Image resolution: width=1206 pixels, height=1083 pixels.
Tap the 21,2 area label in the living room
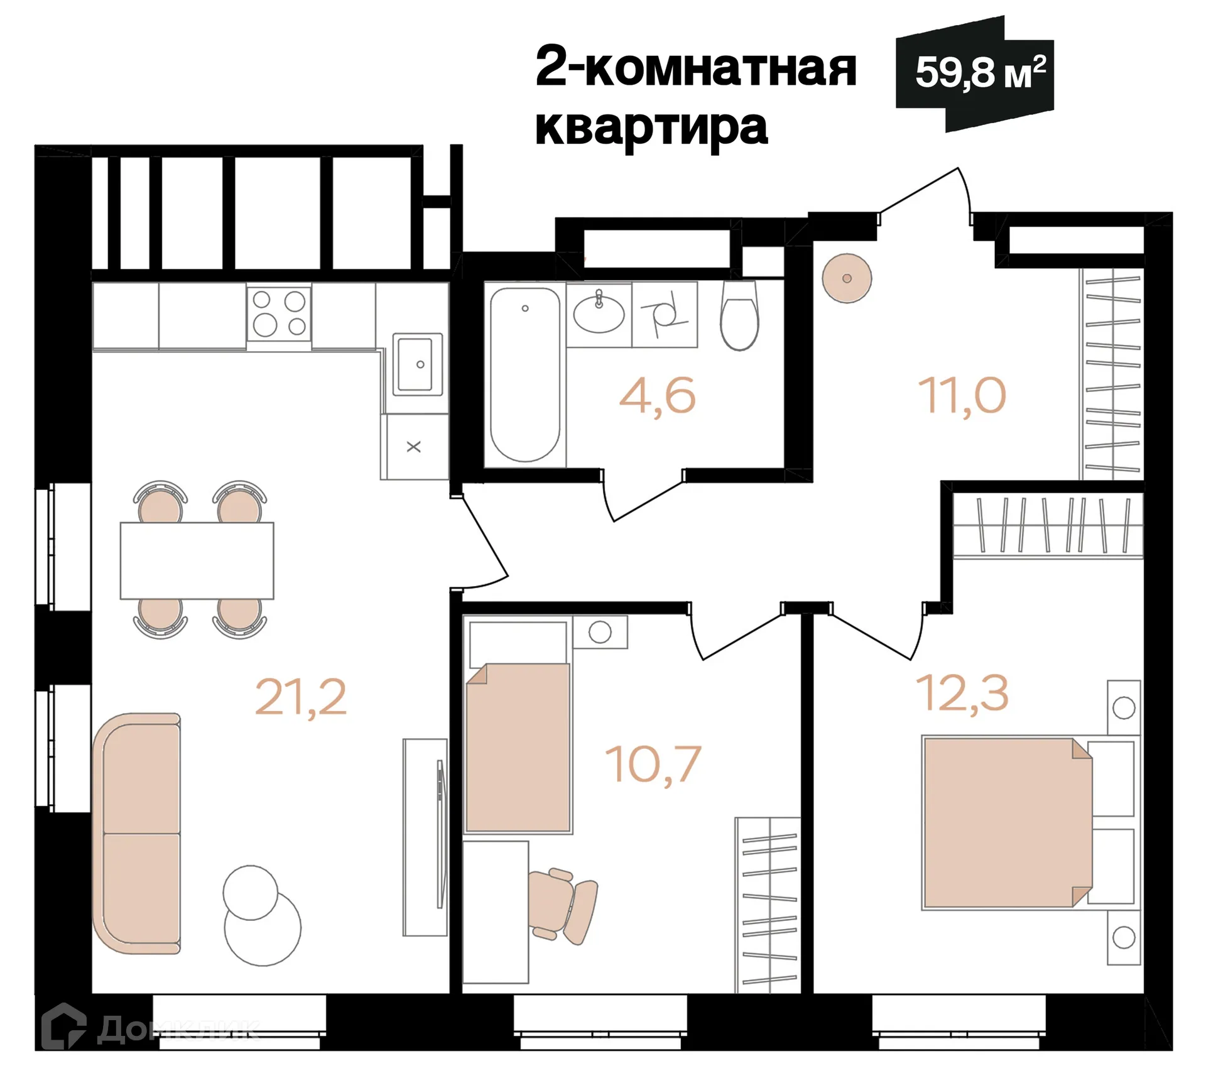pos(300,697)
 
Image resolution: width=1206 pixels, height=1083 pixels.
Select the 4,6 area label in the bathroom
pos(657,396)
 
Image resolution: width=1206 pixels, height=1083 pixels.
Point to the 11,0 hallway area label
pos(962,396)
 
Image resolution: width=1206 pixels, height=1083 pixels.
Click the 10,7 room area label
pos(653,765)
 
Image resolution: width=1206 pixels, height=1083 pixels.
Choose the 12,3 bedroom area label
pos(962,693)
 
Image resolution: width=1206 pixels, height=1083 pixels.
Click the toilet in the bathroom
pos(739,317)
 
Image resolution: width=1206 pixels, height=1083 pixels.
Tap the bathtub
pos(524,375)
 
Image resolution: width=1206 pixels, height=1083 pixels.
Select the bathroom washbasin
pos(599,313)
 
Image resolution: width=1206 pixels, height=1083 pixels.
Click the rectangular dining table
pos(197,560)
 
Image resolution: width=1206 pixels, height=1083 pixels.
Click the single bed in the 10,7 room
pos(518,748)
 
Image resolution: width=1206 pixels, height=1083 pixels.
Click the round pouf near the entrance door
pos(847,278)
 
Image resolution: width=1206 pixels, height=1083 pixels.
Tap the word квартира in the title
pos(651,128)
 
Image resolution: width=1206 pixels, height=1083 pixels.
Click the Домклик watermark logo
pos(151,1028)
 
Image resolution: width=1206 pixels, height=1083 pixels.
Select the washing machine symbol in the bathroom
pos(664,314)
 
